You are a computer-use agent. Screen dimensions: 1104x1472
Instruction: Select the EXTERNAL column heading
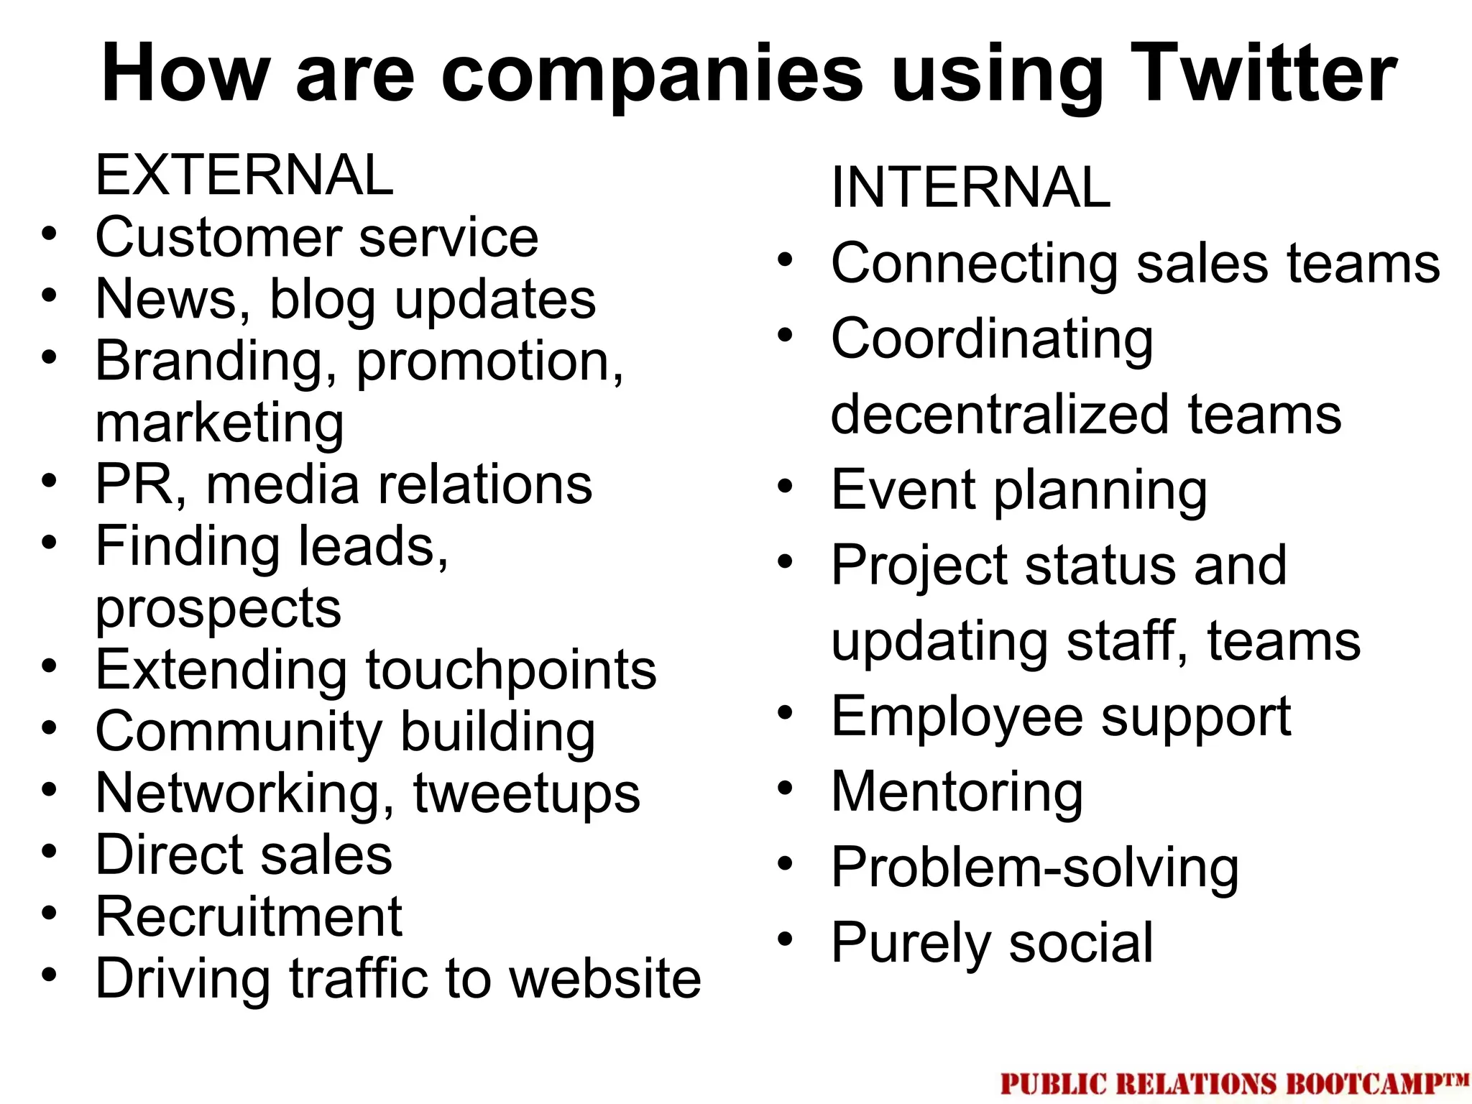click(x=244, y=175)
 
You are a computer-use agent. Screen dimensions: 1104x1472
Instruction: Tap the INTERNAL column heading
click(x=971, y=187)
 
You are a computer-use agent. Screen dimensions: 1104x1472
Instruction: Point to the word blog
click(x=322, y=300)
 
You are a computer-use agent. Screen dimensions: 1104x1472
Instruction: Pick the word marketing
click(x=219, y=423)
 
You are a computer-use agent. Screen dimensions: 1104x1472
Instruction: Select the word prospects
click(x=218, y=609)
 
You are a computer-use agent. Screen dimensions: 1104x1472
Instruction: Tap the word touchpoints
click(x=511, y=670)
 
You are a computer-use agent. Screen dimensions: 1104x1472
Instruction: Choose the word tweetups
click(x=526, y=793)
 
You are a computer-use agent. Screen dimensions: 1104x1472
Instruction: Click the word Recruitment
click(x=249, y=917)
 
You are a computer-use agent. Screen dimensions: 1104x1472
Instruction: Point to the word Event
click(x=903, y=490)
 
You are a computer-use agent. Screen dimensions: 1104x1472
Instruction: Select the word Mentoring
click(x=957, y=793)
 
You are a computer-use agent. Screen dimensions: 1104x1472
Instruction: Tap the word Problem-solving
click(x=1035, y=868)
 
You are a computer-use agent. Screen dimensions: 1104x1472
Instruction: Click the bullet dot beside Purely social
click(x=785, y=938)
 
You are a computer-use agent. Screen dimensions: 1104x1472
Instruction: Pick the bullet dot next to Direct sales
click(x=49, y=851)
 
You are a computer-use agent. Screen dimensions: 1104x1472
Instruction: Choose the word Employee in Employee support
click(x=957, y=717)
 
